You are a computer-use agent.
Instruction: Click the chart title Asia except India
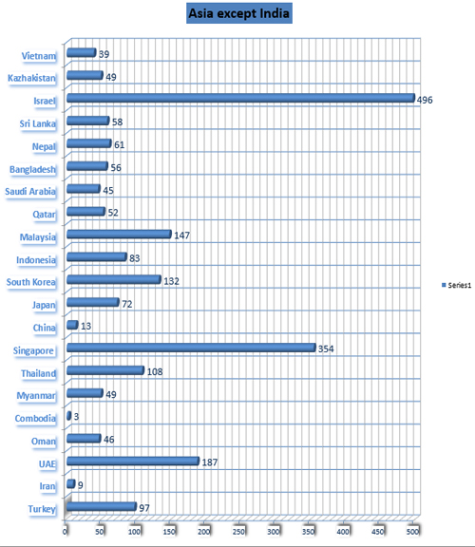click(x=239, y=13)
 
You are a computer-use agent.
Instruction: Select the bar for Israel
click(x=240, y=98)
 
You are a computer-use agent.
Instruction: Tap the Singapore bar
click(x=191, y=348)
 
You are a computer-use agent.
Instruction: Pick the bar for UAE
click(x=133, y=462)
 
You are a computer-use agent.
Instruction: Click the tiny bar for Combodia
click(x=69, y=416)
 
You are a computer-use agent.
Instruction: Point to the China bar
click(x=72, y=325)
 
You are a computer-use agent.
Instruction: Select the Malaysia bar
click(x=119, y=234)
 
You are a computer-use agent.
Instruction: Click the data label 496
click(x=425, y=100)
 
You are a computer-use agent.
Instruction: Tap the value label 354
click(x=326, y=349)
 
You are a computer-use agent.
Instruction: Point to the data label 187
click(x=210, y=462)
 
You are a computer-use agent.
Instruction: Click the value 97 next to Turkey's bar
click(x=144, y=508)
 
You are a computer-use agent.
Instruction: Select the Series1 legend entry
click(x=457, y=285)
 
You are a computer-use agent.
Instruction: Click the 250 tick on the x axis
click(x=239, y=531)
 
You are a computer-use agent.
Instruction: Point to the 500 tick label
click(x=413, y=531)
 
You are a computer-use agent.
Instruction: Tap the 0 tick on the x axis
click(x=65, y=531)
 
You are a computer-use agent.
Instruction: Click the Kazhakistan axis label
click(x=31, y=78)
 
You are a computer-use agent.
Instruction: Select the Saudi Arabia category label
click(x=30, y=192)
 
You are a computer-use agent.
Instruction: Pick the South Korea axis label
click(x=31, y=282)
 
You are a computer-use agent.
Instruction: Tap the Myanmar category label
click(x=36, y=396)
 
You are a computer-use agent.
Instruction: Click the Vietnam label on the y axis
click(x=39, y=56)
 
